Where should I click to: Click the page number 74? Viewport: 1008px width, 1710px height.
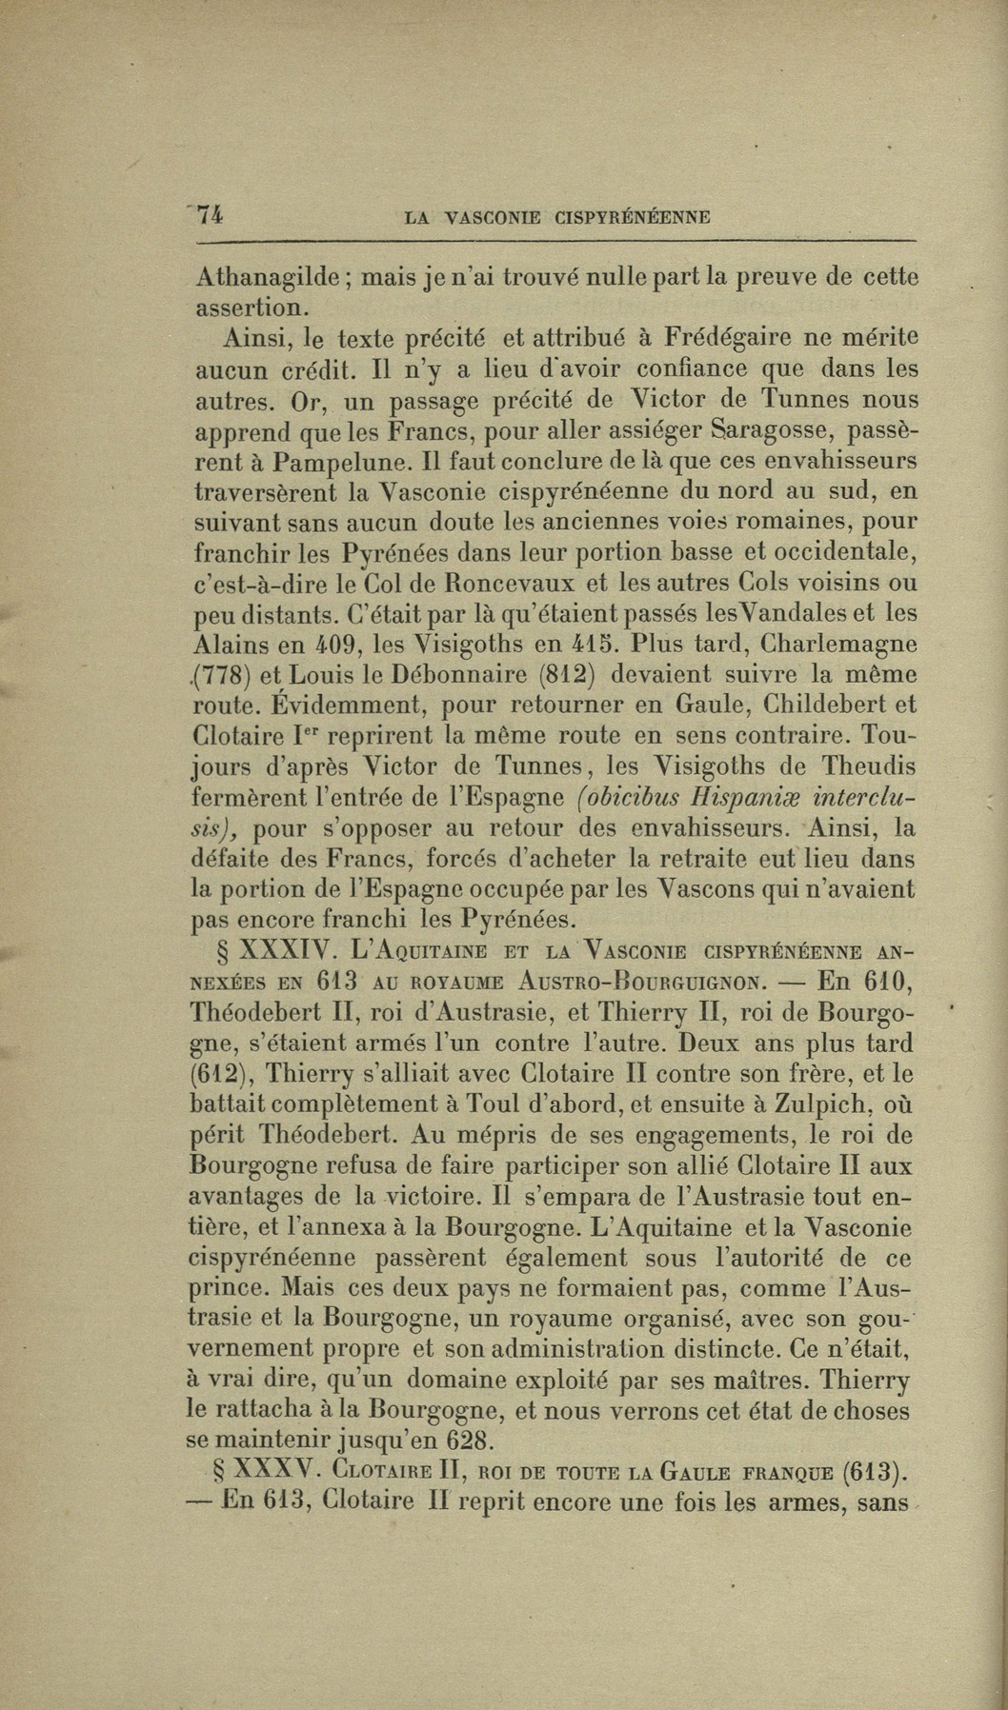click(x=209, y=215)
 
